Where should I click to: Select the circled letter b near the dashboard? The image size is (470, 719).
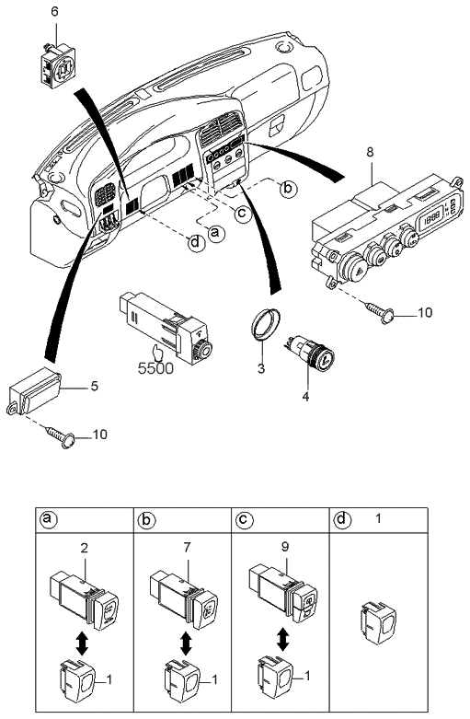[x=288, y=189]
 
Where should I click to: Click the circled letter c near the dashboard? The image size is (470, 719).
[x=242, y=214]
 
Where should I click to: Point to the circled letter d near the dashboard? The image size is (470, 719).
[x=196, y=243]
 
